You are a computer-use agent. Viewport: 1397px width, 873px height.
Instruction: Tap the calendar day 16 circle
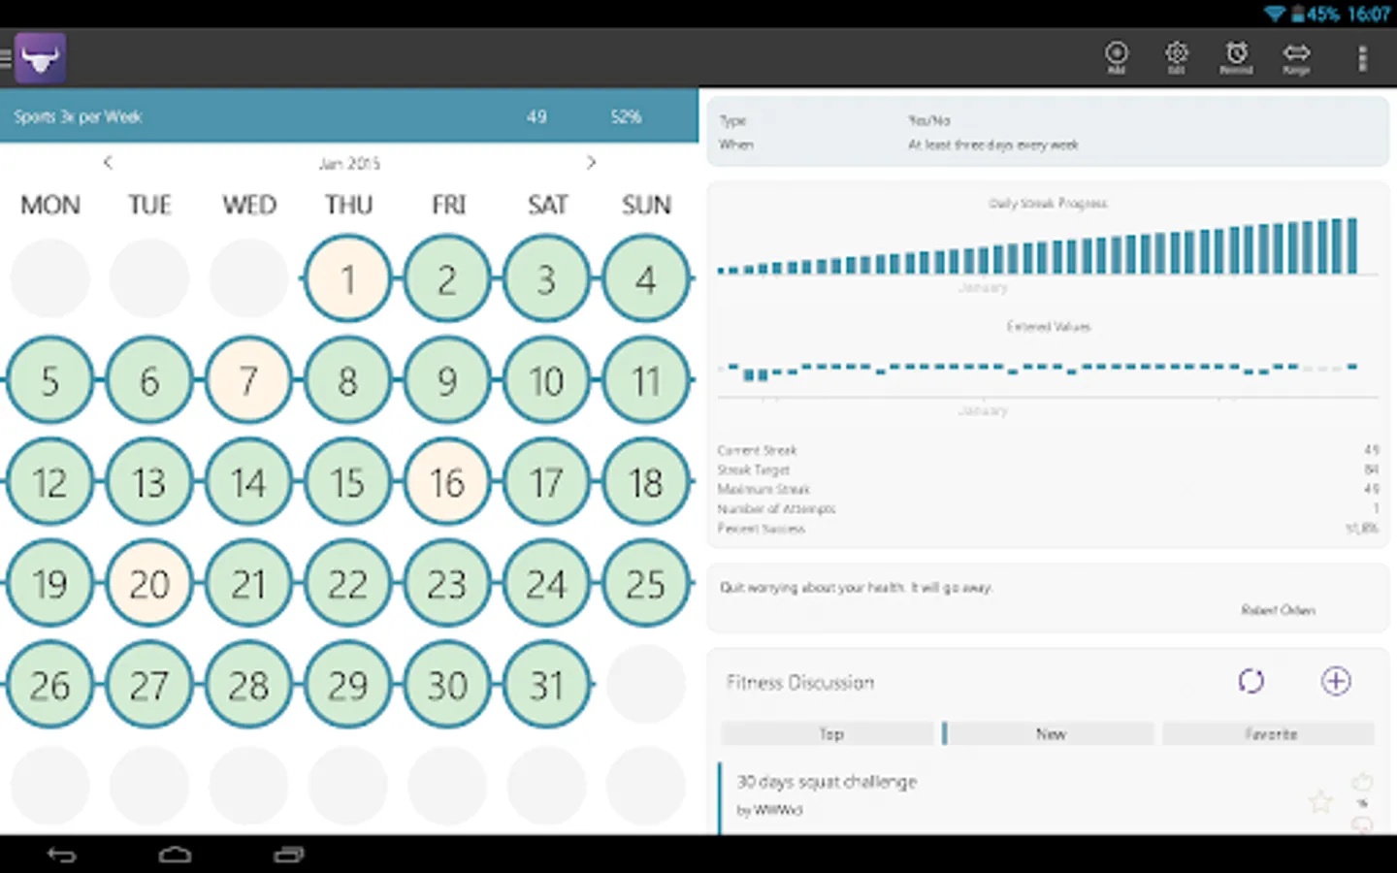click(447, 482)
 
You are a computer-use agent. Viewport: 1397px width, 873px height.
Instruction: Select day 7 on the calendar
click(248, 380)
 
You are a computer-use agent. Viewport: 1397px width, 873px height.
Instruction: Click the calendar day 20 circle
click(149, 584)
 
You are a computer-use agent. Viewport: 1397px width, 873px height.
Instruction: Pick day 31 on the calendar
click(546, 686)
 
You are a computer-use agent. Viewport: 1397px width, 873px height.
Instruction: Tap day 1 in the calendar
click(347, 279)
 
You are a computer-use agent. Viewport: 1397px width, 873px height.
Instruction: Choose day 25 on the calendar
click(646, 584)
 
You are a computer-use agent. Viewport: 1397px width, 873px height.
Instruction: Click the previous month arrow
click(108, 162)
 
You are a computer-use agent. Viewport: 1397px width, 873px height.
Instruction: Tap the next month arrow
click(591, 162)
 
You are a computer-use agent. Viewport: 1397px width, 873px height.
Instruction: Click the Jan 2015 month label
click(349, 163)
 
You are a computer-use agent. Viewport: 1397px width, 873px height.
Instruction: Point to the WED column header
click(249, 205)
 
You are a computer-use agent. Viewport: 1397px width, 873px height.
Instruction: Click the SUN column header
click(646, 205)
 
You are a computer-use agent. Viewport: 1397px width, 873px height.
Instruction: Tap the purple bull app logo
click(41, 58)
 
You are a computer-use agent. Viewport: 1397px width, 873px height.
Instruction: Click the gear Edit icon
click(1176, 56)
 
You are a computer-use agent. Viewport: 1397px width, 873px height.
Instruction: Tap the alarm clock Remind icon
click(1236, 56)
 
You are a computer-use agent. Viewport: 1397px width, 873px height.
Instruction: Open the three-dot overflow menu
click(1362, 58)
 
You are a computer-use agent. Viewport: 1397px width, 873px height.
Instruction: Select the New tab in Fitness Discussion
click(1051, 734)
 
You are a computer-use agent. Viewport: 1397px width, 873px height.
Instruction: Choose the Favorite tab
click(1270, 734)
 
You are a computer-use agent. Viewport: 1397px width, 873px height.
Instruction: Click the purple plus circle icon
click(1336, 681)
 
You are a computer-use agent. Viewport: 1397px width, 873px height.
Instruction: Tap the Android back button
click(62, 855)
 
